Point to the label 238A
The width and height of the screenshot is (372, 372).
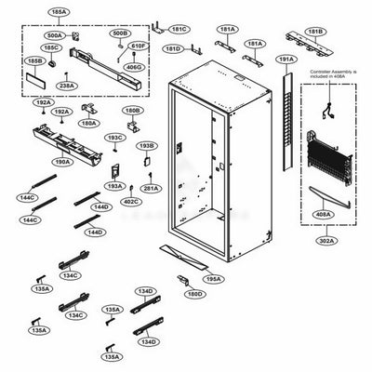(x=67, y=85)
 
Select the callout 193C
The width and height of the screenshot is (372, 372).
(x=113, y=138)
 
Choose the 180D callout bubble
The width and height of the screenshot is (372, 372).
(x=193, y=295)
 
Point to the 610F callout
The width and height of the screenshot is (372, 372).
(x=139, y=45)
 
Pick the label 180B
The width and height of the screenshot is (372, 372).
(x=133, y=110)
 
